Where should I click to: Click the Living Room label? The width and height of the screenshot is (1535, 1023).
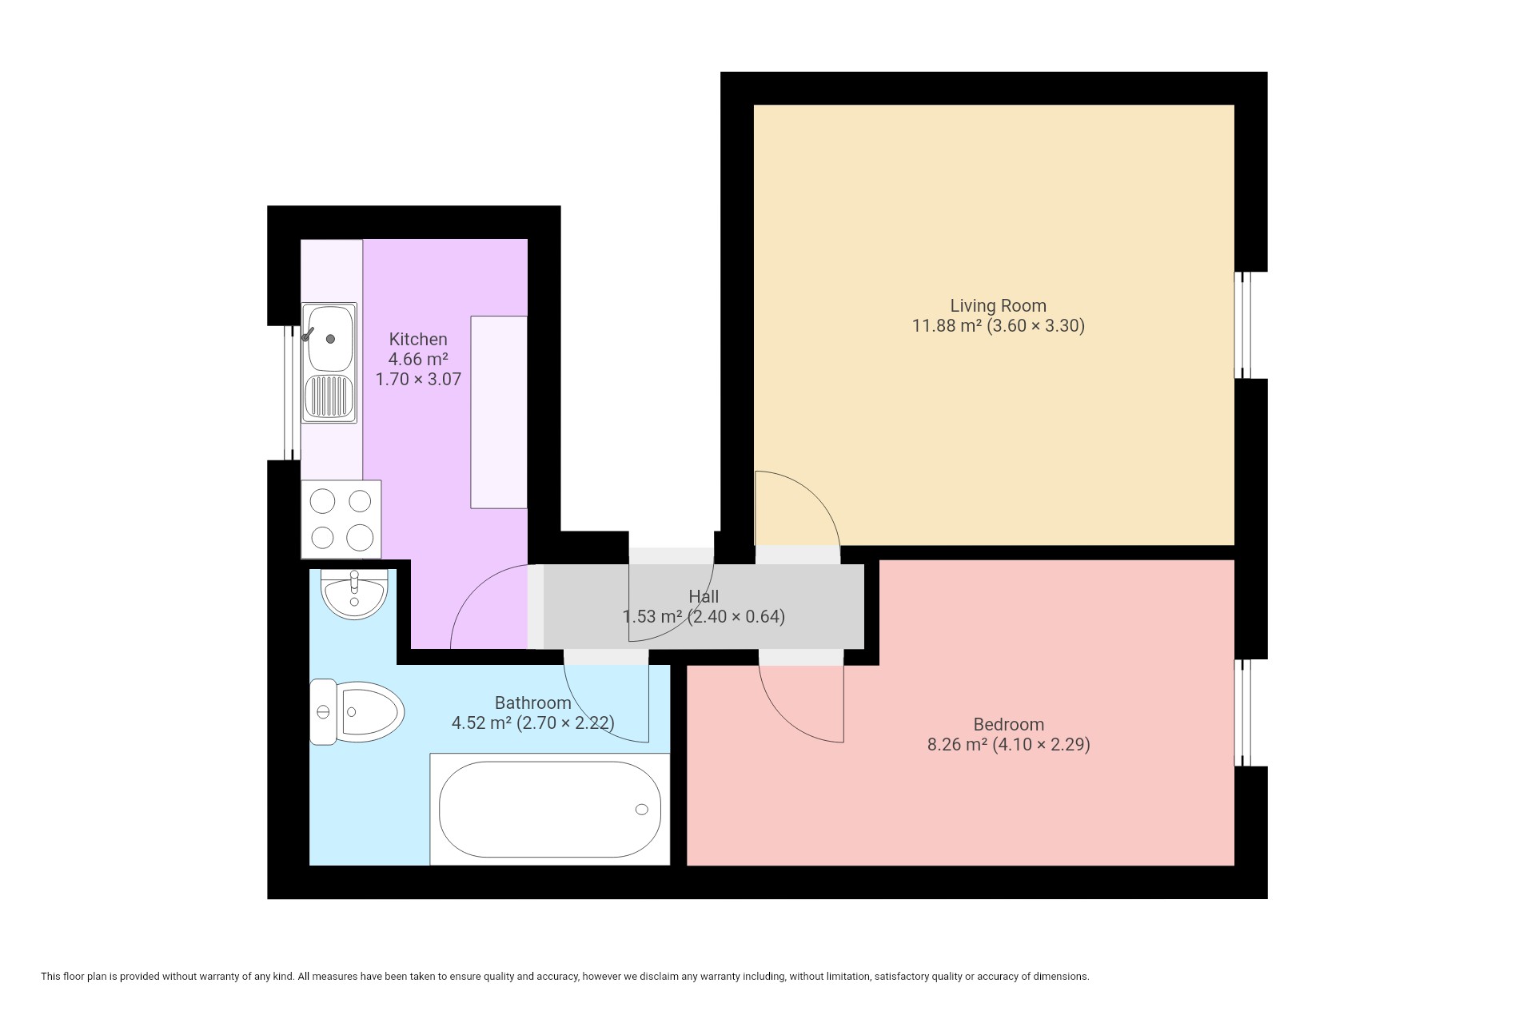coord(998,305)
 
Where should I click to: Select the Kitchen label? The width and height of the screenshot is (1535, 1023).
coord(418,339)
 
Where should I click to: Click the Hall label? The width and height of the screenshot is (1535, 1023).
coord(704,596)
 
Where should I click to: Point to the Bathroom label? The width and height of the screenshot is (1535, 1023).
coord(532,703)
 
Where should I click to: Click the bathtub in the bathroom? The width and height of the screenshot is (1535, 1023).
coord(550,809)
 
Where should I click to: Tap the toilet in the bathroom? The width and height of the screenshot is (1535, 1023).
coord(357,711)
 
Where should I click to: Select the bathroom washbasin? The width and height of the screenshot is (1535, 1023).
coord(353,594)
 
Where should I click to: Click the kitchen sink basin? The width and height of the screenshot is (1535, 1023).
coord(329,338)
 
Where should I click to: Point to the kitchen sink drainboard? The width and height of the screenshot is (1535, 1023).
coord(329,397)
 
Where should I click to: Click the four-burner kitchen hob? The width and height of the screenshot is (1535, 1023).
coord(341,519)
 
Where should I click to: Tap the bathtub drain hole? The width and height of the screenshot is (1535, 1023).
coord(641,810)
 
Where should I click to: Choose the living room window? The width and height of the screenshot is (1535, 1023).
coord(1242,325)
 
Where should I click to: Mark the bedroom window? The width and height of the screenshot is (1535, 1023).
coord(1242,713)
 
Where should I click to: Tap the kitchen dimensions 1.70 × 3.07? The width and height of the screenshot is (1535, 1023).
coord(418,379)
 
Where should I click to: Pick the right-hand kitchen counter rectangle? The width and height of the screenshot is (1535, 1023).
coord(499,412)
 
